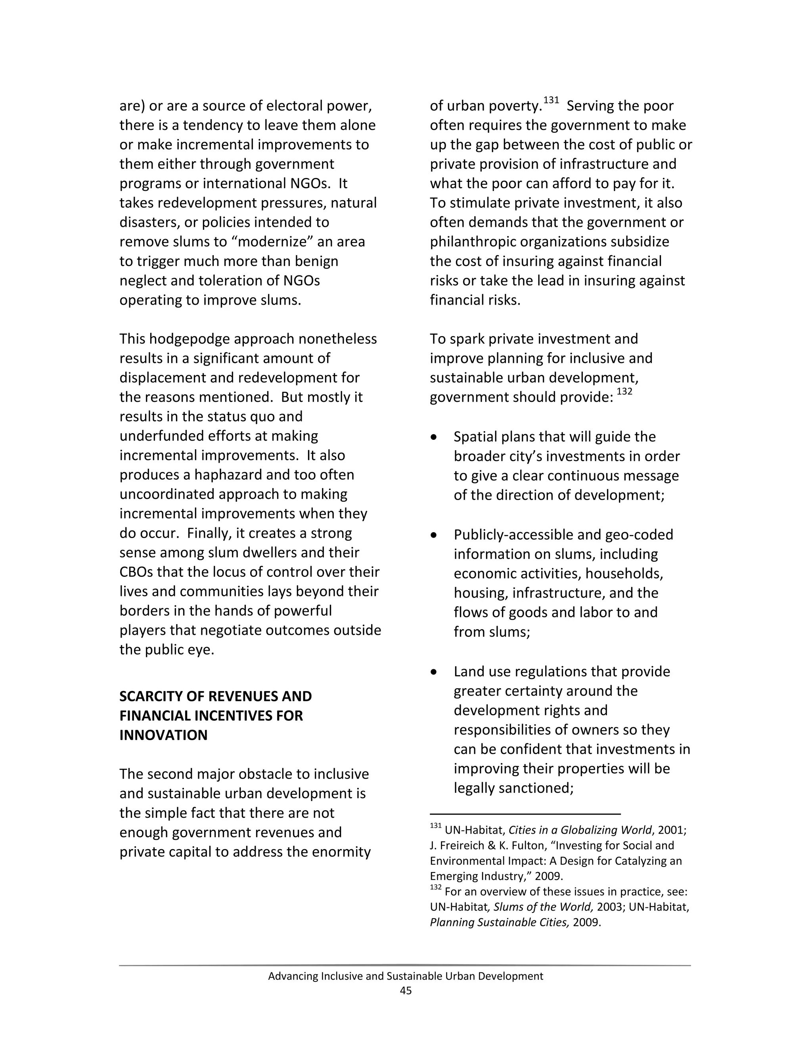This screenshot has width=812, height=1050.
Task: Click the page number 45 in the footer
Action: (406, 991)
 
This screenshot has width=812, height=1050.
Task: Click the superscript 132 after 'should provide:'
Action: (624, 392)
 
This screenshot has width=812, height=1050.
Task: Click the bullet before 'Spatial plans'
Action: (434, 437)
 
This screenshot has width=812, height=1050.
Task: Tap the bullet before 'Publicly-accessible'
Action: (434, 535)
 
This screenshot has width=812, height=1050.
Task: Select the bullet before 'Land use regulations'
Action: (434, 672)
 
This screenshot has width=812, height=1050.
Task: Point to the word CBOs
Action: (136, 572)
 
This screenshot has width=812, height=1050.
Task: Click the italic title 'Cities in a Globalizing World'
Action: (580, 830)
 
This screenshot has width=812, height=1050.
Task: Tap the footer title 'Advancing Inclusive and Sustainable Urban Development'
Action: (406, 976)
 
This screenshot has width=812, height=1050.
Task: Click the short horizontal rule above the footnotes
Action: (525, 814)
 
